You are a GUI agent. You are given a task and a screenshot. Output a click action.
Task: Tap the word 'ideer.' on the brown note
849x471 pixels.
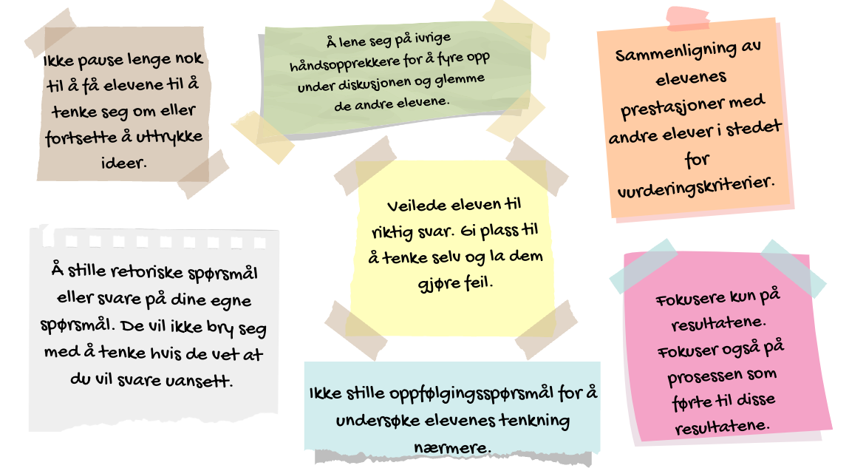[x=123, y=162]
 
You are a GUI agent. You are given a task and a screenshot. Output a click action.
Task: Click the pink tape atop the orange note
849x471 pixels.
[x=688, y=18]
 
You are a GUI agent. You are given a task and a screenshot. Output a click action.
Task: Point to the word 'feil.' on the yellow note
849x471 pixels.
[x=479, y=282]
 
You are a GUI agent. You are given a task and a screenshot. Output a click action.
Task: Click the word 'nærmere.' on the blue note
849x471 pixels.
[x=452, y=447]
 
